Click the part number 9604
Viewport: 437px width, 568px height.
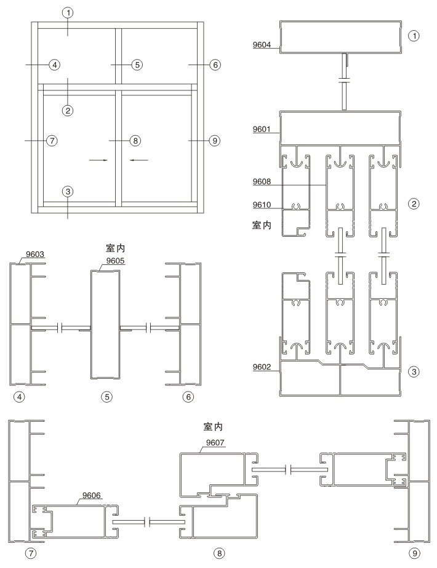(x=262, y=44)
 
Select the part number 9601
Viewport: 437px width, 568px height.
(x=262, y=130)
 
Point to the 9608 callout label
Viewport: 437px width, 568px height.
(x=262, y=182)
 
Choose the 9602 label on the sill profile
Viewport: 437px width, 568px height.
(x=262, y=368)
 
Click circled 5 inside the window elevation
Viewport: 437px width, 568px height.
(x=137, y=64)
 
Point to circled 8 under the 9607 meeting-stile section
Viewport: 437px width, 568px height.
(x=218, y=553)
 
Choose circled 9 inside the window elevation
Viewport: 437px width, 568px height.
(x=214, y=141)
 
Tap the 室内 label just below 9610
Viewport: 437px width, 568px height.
(x=263, y=226)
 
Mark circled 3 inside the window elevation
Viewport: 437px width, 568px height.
(x=68, y=191)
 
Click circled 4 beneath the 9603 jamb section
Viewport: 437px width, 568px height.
(x=20, y=397)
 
